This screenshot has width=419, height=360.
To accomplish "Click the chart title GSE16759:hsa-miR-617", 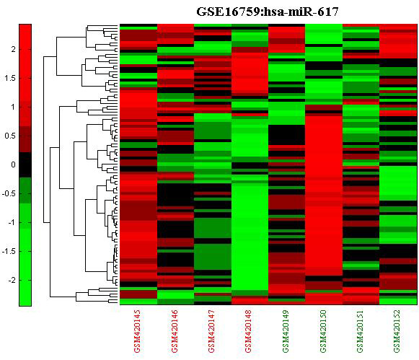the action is click(x=268, y=12).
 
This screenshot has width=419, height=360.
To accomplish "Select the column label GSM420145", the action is click(x=137, y=331).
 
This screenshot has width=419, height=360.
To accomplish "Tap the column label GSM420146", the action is click(x=175, y=331).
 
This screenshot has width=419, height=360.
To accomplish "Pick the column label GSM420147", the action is click(x=211, y=331).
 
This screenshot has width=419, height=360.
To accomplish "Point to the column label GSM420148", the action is click(x=248, y=331).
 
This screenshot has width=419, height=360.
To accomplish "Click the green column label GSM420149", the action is click(x=286, y=331).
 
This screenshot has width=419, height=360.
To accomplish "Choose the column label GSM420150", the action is click(x=323, y=331).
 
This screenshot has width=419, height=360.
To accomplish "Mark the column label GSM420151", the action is click(x=360, y=331).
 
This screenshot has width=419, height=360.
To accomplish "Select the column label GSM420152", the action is click(x=397, y=331).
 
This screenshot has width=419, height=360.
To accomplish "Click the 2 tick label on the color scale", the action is click(x=13, y=49).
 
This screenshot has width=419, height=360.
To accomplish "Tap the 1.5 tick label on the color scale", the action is click(x=10, y=78).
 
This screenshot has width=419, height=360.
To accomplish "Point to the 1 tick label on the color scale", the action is click(x=13, y=107).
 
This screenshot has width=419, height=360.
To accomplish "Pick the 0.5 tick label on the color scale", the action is click(x=10, y=136).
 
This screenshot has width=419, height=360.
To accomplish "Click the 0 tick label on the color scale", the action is click(x=13, y=164).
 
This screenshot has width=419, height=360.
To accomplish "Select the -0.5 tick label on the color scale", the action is click(x=8, y=193).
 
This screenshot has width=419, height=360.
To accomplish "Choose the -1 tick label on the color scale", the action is click(x=12, y=222).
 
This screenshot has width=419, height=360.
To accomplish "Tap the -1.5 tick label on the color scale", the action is click(x=8, y=251).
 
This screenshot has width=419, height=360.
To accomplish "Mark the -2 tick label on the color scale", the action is click(x=12, y=280).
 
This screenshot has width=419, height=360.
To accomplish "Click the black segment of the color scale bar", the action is click(x=25, y=164).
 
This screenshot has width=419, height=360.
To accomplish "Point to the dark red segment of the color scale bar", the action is click(x=25, y=139).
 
